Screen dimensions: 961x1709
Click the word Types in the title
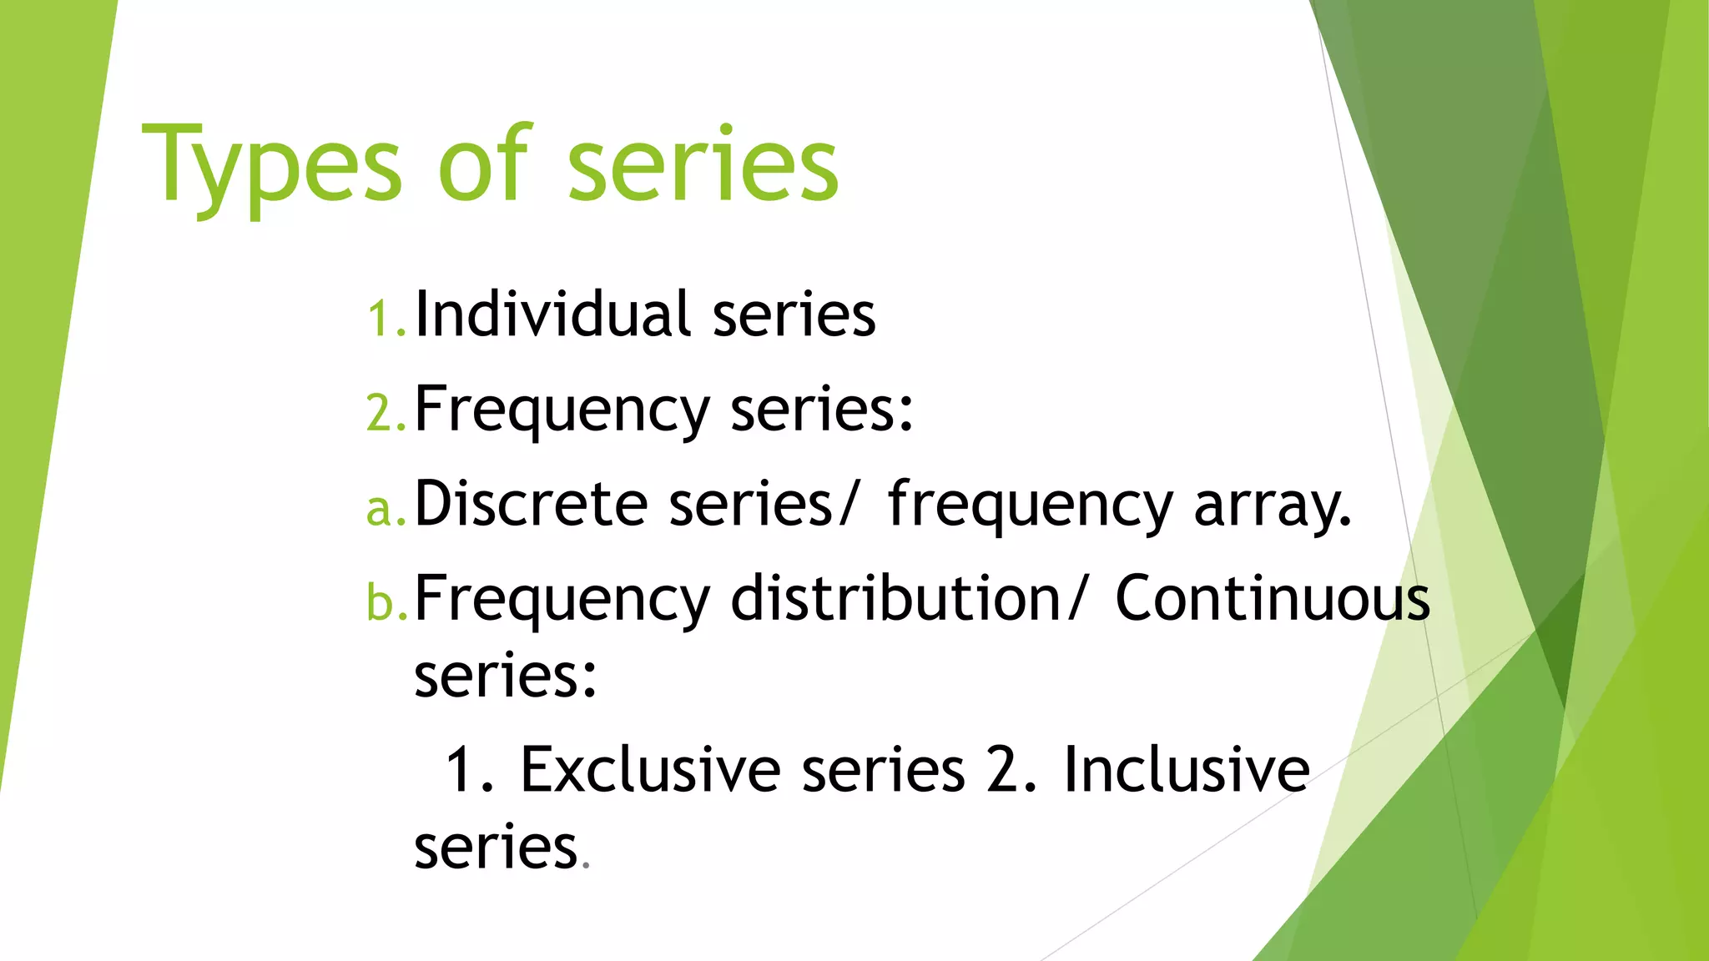[272, 167]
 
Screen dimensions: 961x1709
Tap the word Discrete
[532, 504]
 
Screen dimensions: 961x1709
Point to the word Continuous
[1273, 598]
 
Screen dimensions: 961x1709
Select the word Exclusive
[650, 769]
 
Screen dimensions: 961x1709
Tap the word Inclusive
[1186, 769]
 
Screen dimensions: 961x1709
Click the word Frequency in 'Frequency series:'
[562, 410]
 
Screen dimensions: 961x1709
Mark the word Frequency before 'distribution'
[562, 600]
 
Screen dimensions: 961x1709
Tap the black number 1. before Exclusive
[469, 769]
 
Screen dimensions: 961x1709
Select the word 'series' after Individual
[794, 315]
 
